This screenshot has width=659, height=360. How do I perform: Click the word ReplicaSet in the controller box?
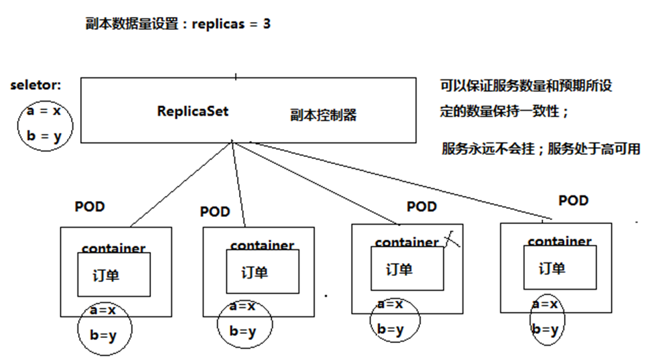click(x=193, y=111)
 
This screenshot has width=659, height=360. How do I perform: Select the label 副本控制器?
click(x=323, y=115)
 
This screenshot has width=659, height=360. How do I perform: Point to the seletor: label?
click(x=35, y=85)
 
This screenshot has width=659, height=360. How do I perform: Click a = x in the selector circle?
click(x=44, y=111)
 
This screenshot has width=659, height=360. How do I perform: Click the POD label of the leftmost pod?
click(x=90, y=207)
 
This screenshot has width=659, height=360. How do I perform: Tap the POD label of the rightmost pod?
click(x=573, y=201)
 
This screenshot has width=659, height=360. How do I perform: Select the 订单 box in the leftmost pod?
click(x=114, y=275)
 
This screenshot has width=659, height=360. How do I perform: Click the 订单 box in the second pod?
click(x=262, y=272)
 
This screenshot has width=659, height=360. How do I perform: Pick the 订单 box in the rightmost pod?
click(x=559, y=268)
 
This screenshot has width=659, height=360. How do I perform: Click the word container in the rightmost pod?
click(x=559, y=242)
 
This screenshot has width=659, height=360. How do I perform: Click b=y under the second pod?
click(x=242, y=331)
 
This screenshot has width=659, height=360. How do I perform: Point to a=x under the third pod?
click(x=390, y=304)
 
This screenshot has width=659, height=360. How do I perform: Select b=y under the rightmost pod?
click(x=545, y=329)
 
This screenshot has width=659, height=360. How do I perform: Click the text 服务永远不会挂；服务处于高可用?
click(x=540, y=149)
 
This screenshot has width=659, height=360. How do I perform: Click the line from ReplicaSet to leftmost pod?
click(x=182, y=184)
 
